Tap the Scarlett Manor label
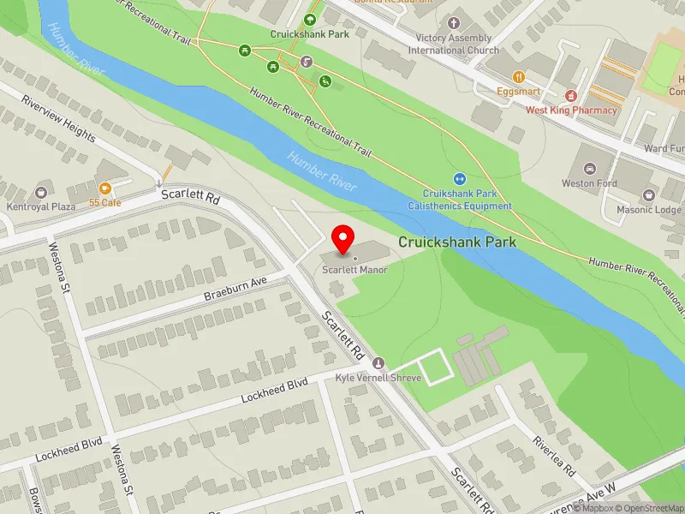pyautogui.click(x=354, y=270)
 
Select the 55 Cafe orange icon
pyautogui.click(x=105, y=188)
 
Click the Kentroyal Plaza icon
pyautogui.click(x=41, y=194)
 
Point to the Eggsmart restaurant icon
pyautogui.click(x=519, y=75)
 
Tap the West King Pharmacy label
pyautogui.click(x=571, y=110)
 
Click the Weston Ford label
pyautogui.click(x=589, y=183)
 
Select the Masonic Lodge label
pyautogui.click(x=650, y=210)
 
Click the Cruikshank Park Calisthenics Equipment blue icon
pyautogui.click(x=460, y=179)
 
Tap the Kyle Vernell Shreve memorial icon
pyautogui.click(x=379, y=363)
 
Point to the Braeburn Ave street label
pyautogui.click(x=235, y=289)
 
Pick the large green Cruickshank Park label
pyautogui.click(x=457, y=242)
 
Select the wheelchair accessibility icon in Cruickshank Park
pyautogui.click(x=325, y=81)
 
